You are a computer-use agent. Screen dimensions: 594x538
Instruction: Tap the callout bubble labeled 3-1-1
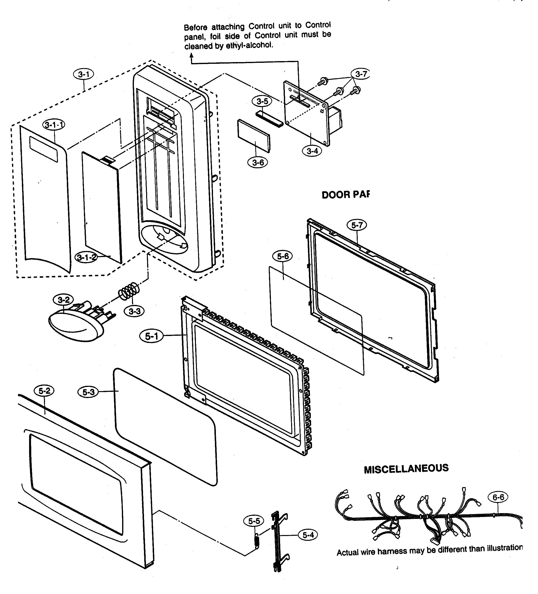click(x=54, y=125)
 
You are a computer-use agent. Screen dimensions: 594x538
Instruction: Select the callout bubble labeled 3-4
click(x=312, y=151)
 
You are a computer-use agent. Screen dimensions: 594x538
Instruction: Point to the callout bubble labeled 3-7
click(x=361, y=74)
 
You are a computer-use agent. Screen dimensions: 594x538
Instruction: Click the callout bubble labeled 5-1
click(x=152, y=336)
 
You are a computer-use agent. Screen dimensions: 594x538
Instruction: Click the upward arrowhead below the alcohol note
click(x=192, y=55)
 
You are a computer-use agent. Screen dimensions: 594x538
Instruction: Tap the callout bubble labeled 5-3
click(x=88, y=392)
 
